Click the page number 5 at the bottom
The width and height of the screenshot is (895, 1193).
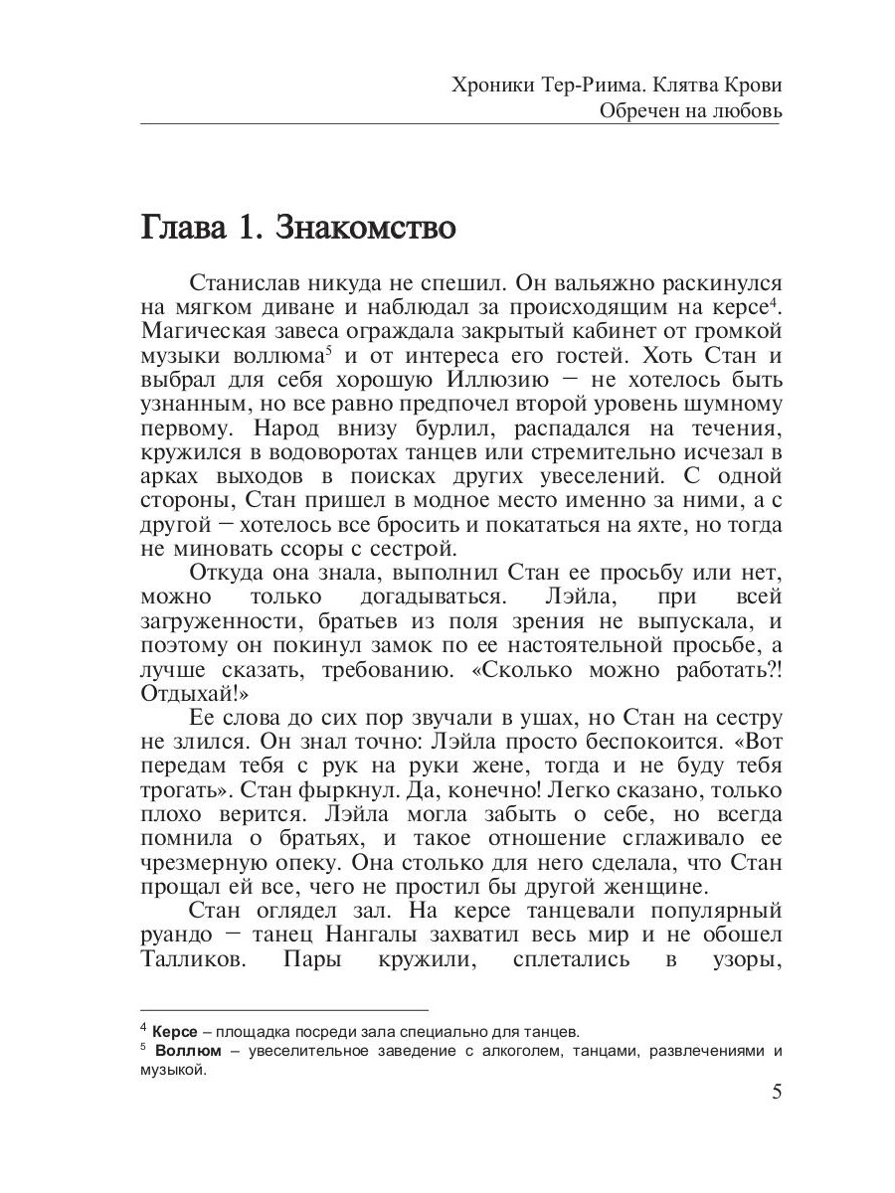click(777, 1092)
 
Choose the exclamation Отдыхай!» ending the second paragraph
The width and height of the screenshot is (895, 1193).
click(194, 693)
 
